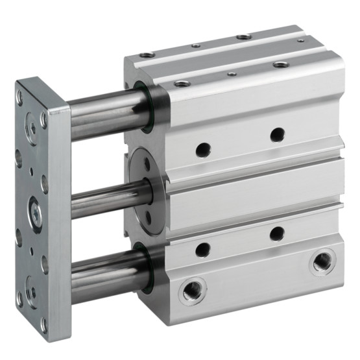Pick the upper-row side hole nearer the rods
203,149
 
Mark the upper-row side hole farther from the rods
277,134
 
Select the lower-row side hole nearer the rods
203,248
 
